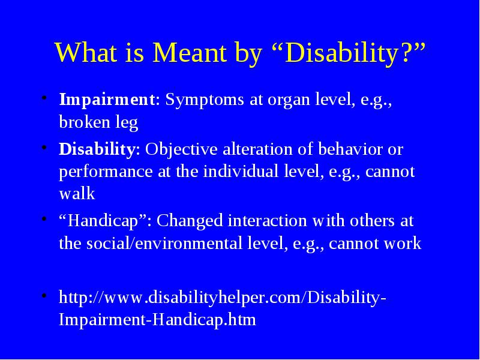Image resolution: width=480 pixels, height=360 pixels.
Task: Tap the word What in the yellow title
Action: coord(86,52)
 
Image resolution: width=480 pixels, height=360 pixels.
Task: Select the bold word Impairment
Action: coord(107,100)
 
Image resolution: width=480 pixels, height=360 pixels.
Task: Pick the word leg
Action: coord(127,124)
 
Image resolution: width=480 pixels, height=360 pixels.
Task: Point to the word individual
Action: coord(241,172)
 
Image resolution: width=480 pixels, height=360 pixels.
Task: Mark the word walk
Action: coord(77,193)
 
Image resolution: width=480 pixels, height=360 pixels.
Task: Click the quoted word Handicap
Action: coord(103,221)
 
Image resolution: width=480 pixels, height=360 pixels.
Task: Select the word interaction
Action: coord(267,221)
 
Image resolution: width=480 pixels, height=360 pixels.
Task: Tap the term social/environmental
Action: coord(166,244)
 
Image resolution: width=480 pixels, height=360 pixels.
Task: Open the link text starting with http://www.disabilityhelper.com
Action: coord(222,308)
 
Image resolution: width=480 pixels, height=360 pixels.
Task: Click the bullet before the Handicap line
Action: coord(44,219)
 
